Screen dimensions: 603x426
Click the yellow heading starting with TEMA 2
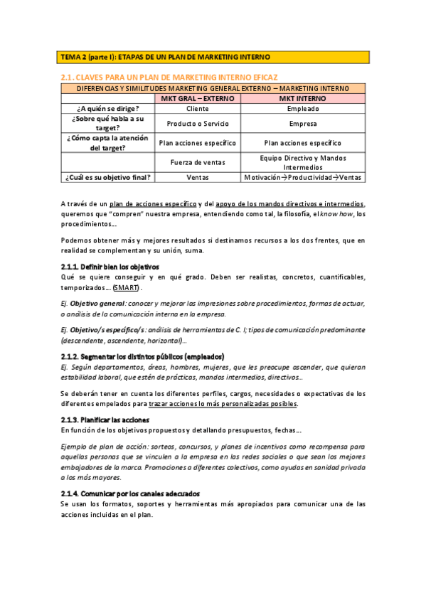click(x=165, y=57)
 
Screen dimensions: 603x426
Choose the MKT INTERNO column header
click(x=303, y=98)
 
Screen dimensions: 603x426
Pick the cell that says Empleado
click(x=303, y=109)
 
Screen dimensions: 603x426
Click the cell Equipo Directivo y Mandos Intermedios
click(x=303, y=162)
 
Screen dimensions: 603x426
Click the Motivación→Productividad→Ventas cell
click(x=303, y=177)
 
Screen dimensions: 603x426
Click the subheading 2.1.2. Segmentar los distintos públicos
click(x=142, y=356)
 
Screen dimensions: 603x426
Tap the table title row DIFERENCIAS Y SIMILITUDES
click(x=213, y=88)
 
